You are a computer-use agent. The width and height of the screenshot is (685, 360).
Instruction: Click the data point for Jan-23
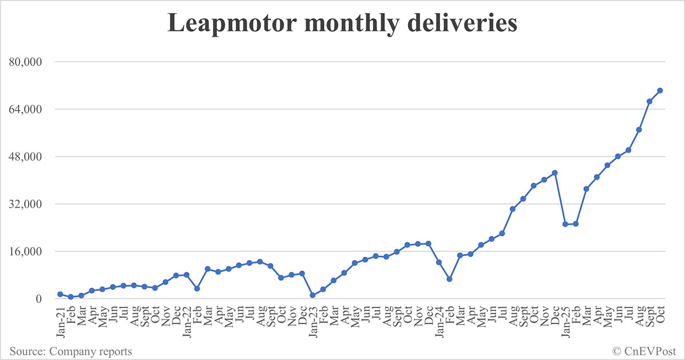click(313, 295)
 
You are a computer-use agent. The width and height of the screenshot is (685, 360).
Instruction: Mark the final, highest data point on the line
click(660, 90)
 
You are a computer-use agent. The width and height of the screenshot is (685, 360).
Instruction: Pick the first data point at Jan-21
click(60, 294)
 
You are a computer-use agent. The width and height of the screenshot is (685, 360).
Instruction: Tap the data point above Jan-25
click(565, 224)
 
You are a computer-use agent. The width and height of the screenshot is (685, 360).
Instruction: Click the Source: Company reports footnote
click(71, 351)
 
